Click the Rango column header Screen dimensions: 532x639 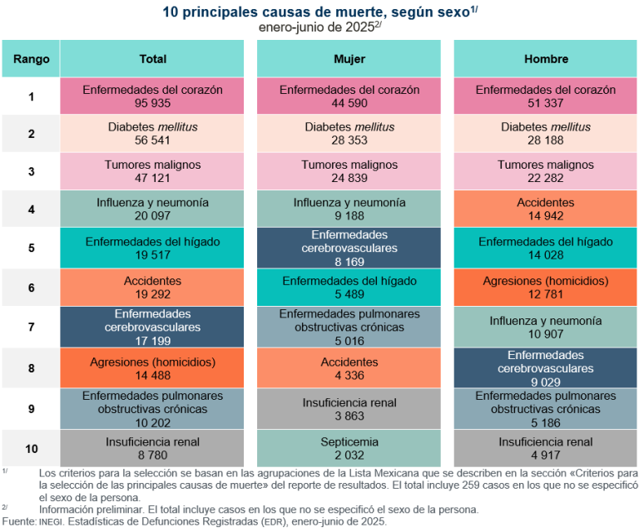(31, 59)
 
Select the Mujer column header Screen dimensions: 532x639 (349, 59)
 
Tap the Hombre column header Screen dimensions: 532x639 (546, 59)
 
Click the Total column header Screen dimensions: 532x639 (152, 59)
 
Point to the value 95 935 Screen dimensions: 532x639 (152, 103)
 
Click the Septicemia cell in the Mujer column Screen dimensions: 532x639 (349, 449)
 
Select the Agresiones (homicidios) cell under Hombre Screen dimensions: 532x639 (546, 288)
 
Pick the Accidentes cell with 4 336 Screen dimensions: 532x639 (349, 369)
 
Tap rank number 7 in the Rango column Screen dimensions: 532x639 (31, 328)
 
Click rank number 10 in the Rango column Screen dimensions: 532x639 (31, 449)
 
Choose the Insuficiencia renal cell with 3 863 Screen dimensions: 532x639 (349, 409)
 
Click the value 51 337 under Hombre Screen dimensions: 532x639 (546, 103)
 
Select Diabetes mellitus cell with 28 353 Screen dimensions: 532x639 (349, 134)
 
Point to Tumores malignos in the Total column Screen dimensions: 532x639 (152, 165)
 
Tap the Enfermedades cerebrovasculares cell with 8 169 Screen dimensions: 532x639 (349, 247)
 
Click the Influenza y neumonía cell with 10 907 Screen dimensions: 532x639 (546, 328)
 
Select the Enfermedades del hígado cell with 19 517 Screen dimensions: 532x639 (152, 248)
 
